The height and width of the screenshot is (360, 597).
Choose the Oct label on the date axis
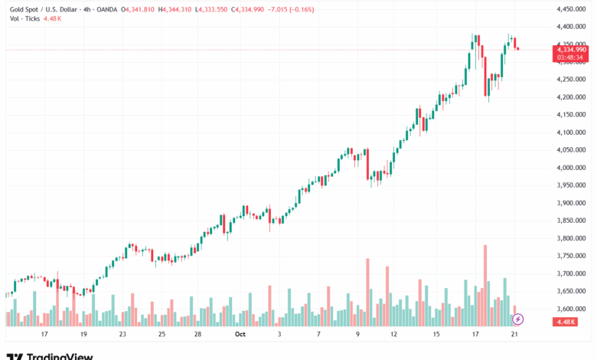click(x=240, y=335)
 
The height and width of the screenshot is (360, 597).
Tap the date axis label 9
click(x=357, y=335)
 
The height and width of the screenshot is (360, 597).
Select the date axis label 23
click(x=122, y=335)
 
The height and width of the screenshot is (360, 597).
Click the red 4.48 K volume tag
click(x=568, y=322)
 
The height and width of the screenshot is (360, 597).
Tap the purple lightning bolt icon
click(x=518, y=319)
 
